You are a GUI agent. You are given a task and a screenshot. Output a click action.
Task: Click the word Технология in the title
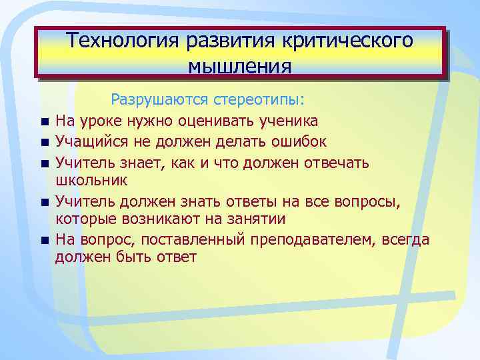click(x=123, y=41)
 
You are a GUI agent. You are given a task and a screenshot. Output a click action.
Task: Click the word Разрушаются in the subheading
click(x=160, y=100)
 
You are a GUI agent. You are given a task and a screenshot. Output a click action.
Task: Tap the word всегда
click(x=405, y=239)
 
